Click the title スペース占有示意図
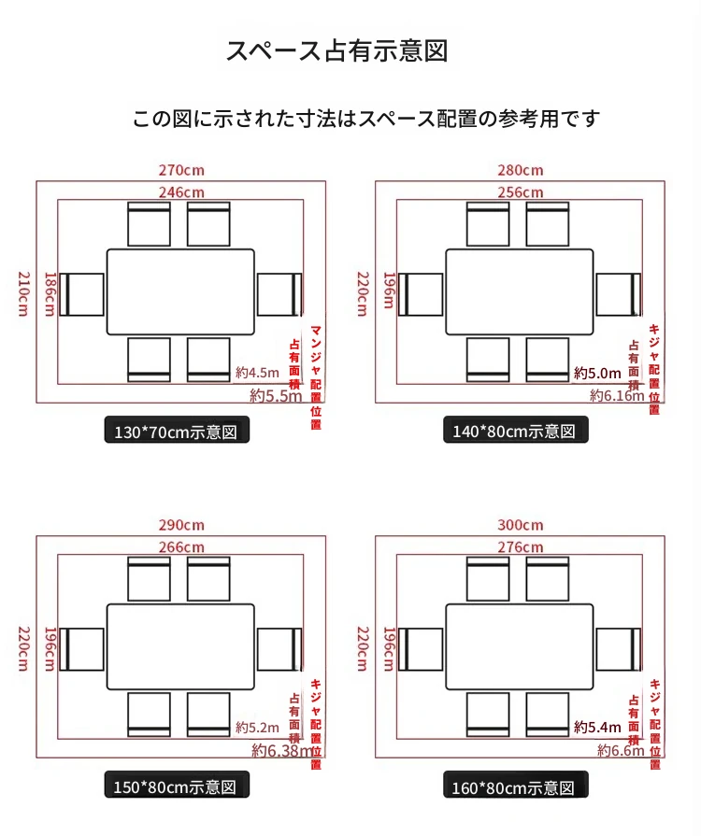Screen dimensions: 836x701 pyautogui.click(x=336, y=50)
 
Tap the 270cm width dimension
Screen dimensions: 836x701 pyautogui.click(x=181, y=171)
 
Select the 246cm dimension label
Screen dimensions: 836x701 pyautogui.click(x=181, y=192)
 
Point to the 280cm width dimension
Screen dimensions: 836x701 pyautogui.click(x=521, y=171)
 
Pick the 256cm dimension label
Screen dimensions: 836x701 pyautogui.click(x=521, y=192)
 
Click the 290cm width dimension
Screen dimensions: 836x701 pyautogui.click(x=181, y=525)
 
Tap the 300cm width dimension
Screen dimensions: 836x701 pyautogui.click(x=521, y=525)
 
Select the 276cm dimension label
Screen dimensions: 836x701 pyautogui.click(x=521, y=546)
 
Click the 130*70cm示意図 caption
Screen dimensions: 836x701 pyautogui.click(x=178, y=432)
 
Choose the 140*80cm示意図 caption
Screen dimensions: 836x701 pyautogui.click(x=517, y=431)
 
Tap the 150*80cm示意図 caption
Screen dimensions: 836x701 pyautogui.click(x=178, y=786)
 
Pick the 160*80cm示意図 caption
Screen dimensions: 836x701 pyautogui.click(x=517, y=786)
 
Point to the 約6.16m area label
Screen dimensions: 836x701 pyautogui.click(x=617, y=396)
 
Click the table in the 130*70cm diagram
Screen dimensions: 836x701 pyautogui.click(x=180, y=291)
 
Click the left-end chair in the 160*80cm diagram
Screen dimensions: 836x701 pyautogui.click(x=422, y=649)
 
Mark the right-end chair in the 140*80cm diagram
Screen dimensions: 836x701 pyautogui.click(x=619, y=294)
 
